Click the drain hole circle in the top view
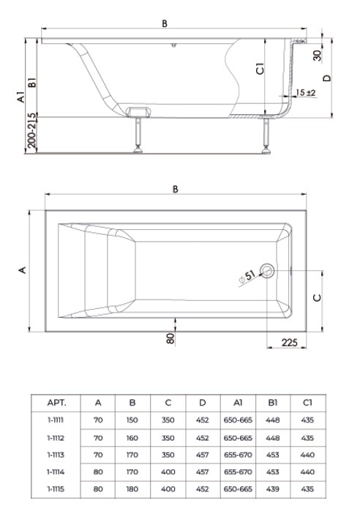click(267, 271)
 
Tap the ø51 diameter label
click(247, 277)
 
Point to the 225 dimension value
click(289, 342)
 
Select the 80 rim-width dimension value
click(170, 338)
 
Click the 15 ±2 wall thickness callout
click(306, 93)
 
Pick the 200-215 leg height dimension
click(31, 130)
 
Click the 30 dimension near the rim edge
click(317, 55)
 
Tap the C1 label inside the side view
click(260, 69)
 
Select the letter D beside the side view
click(327, 78)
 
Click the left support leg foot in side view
click(138, 150)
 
